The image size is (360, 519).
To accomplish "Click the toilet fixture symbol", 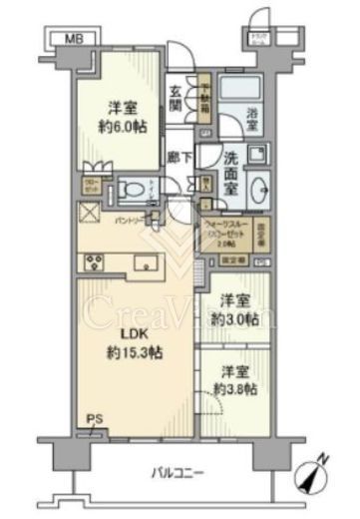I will (x=132, y=188).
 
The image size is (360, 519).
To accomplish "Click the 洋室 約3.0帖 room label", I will (x=237, y=310).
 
